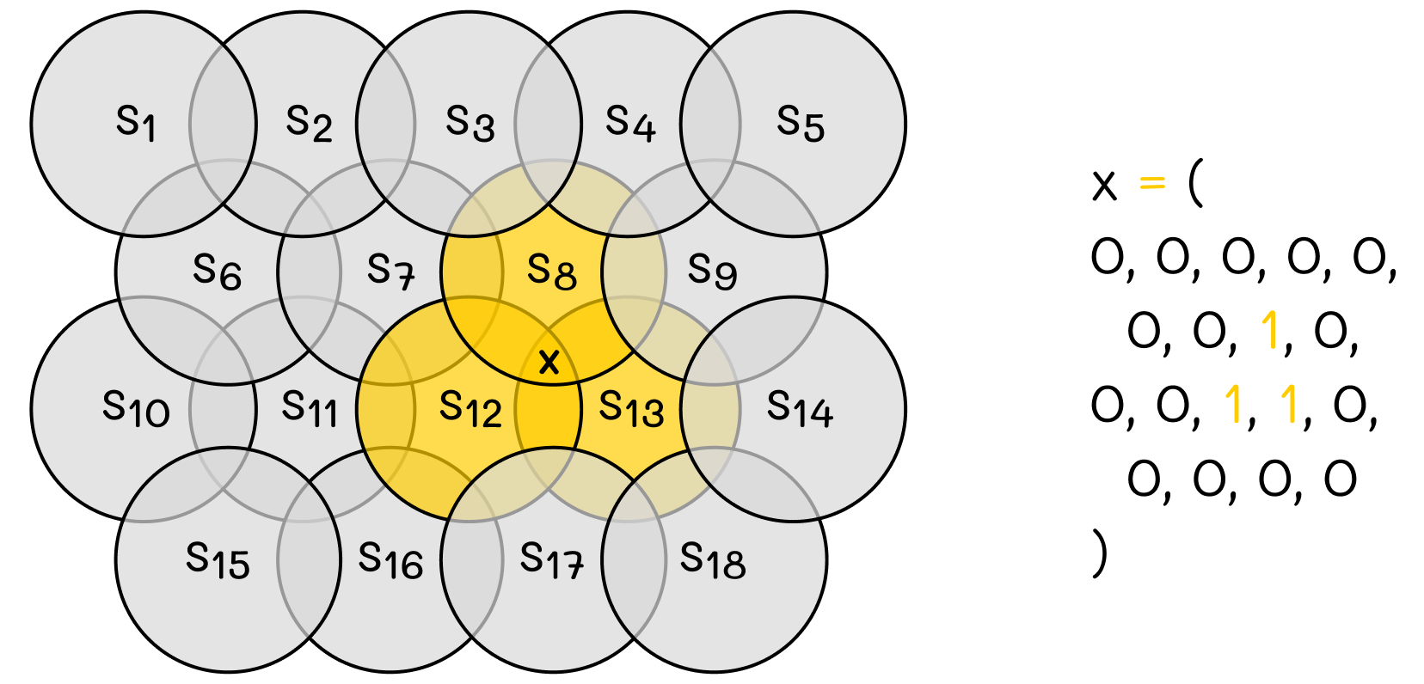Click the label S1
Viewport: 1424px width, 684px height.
pyautogui.click(x=136, y=122)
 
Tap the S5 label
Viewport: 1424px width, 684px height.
pyautogui.click(x=800, y=122)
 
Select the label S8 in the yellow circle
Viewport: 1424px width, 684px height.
pyautogui.click(x=551, y=271)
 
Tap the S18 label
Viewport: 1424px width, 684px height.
pyautogui.click(x=712, y=560)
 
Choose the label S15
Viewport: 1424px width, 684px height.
pyautogui.click(x=218, y=560)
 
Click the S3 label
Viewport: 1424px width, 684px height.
pyautogui.click(x=470, y=122)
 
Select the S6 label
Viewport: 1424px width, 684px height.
pyautogui.click(x=217, y=271)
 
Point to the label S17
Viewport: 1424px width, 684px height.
pyautogui.click(x=551, y=560)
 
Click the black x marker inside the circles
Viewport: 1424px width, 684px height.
pyautogui.click(x=549, y=362)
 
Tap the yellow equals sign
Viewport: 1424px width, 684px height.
pyautogui.click(x=1151, y=183)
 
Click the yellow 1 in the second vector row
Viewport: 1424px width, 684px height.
pyautogui.click(x=1269, y=331)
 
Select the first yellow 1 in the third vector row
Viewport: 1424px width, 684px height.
pyautogui.click(x=1233, y=405)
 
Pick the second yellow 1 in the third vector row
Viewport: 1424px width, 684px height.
pyautogui.click(x=1288, y=405)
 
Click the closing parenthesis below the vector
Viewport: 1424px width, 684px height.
pyautogui.click(x=1099, y=553)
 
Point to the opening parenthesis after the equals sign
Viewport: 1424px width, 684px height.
pyautogui.click(x=1194, y=184)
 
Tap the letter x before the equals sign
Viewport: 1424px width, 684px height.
pyautogui.click(x=1104, y=185)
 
